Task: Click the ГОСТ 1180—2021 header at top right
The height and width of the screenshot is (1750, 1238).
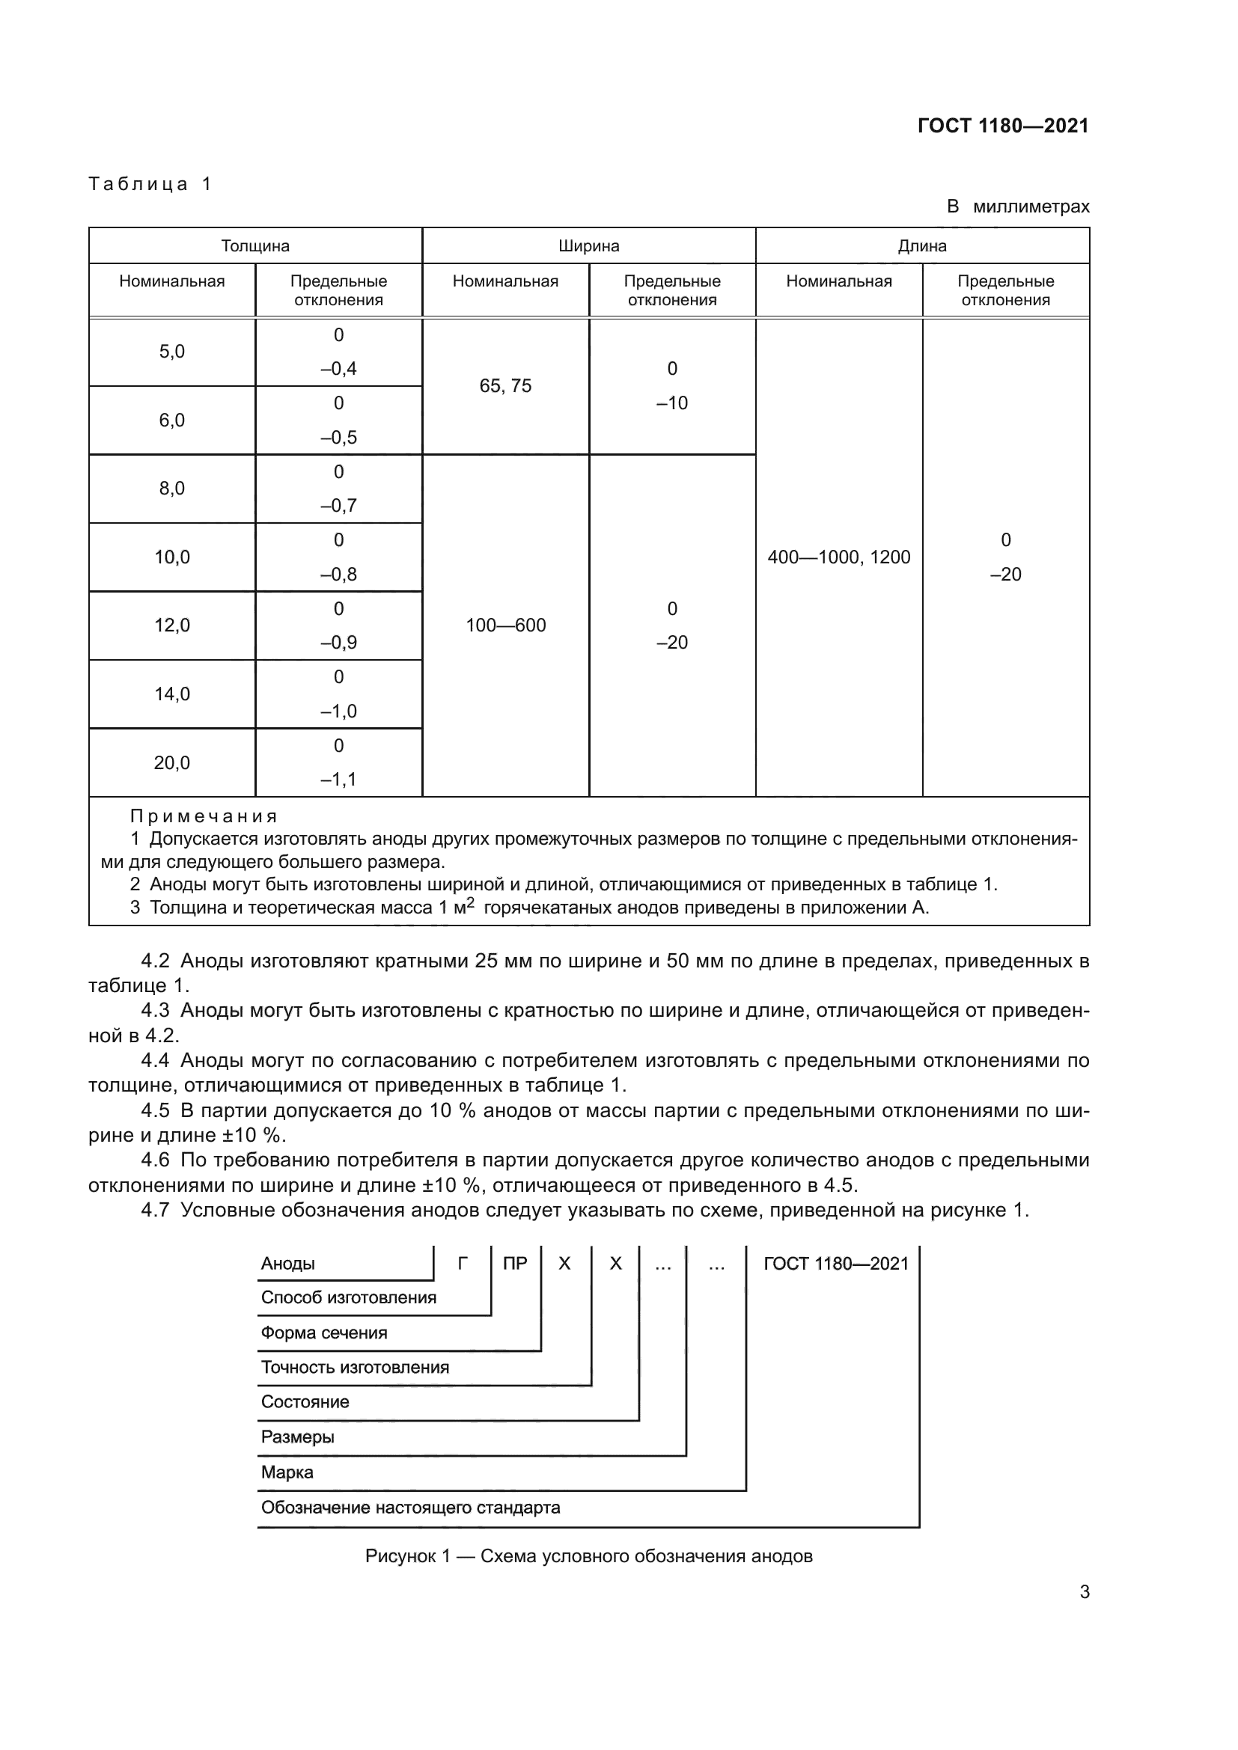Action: [x=1002, y=126]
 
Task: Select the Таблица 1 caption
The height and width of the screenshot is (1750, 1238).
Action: [x=150, y=184]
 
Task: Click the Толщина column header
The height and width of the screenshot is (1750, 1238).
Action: [x=255, y=246]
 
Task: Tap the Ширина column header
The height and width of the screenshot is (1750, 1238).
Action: [x=588, y=246]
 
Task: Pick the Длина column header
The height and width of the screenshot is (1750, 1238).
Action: [x=921, y=246]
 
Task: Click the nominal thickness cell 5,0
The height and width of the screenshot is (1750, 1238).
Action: [x=171, y=352]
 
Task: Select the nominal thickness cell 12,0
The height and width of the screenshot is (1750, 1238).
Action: [x=171, y=625]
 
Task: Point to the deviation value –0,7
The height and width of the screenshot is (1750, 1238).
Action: [x=338, y=505]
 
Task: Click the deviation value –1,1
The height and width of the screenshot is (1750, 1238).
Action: [x=338, y=779]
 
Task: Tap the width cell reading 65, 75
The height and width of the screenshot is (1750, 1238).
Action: [x=505, y=385]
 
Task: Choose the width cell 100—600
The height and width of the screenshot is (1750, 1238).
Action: [x=505, y=625]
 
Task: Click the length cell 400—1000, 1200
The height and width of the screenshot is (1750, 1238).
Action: [x=838, y=557]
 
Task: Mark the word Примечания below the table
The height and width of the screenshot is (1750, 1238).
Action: [x=204, y=816]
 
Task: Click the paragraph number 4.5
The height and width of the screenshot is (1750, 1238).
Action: [x=156, y=1110]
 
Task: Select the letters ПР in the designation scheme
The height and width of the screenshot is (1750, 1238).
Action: [x=515, y=1264]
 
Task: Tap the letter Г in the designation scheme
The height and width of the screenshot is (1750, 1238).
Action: [x=462, y=1264]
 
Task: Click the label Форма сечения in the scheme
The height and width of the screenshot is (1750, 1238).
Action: [x=324, y=1333]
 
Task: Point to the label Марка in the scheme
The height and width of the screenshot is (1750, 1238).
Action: [x=287, y=1472]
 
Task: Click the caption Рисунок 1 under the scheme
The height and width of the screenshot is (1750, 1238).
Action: [x=588, y=1555]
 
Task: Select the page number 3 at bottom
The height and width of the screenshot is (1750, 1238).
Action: [x=1084, y=1591]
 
